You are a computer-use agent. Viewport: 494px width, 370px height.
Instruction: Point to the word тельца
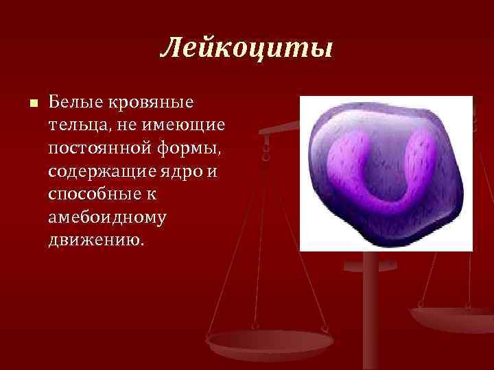71,125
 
